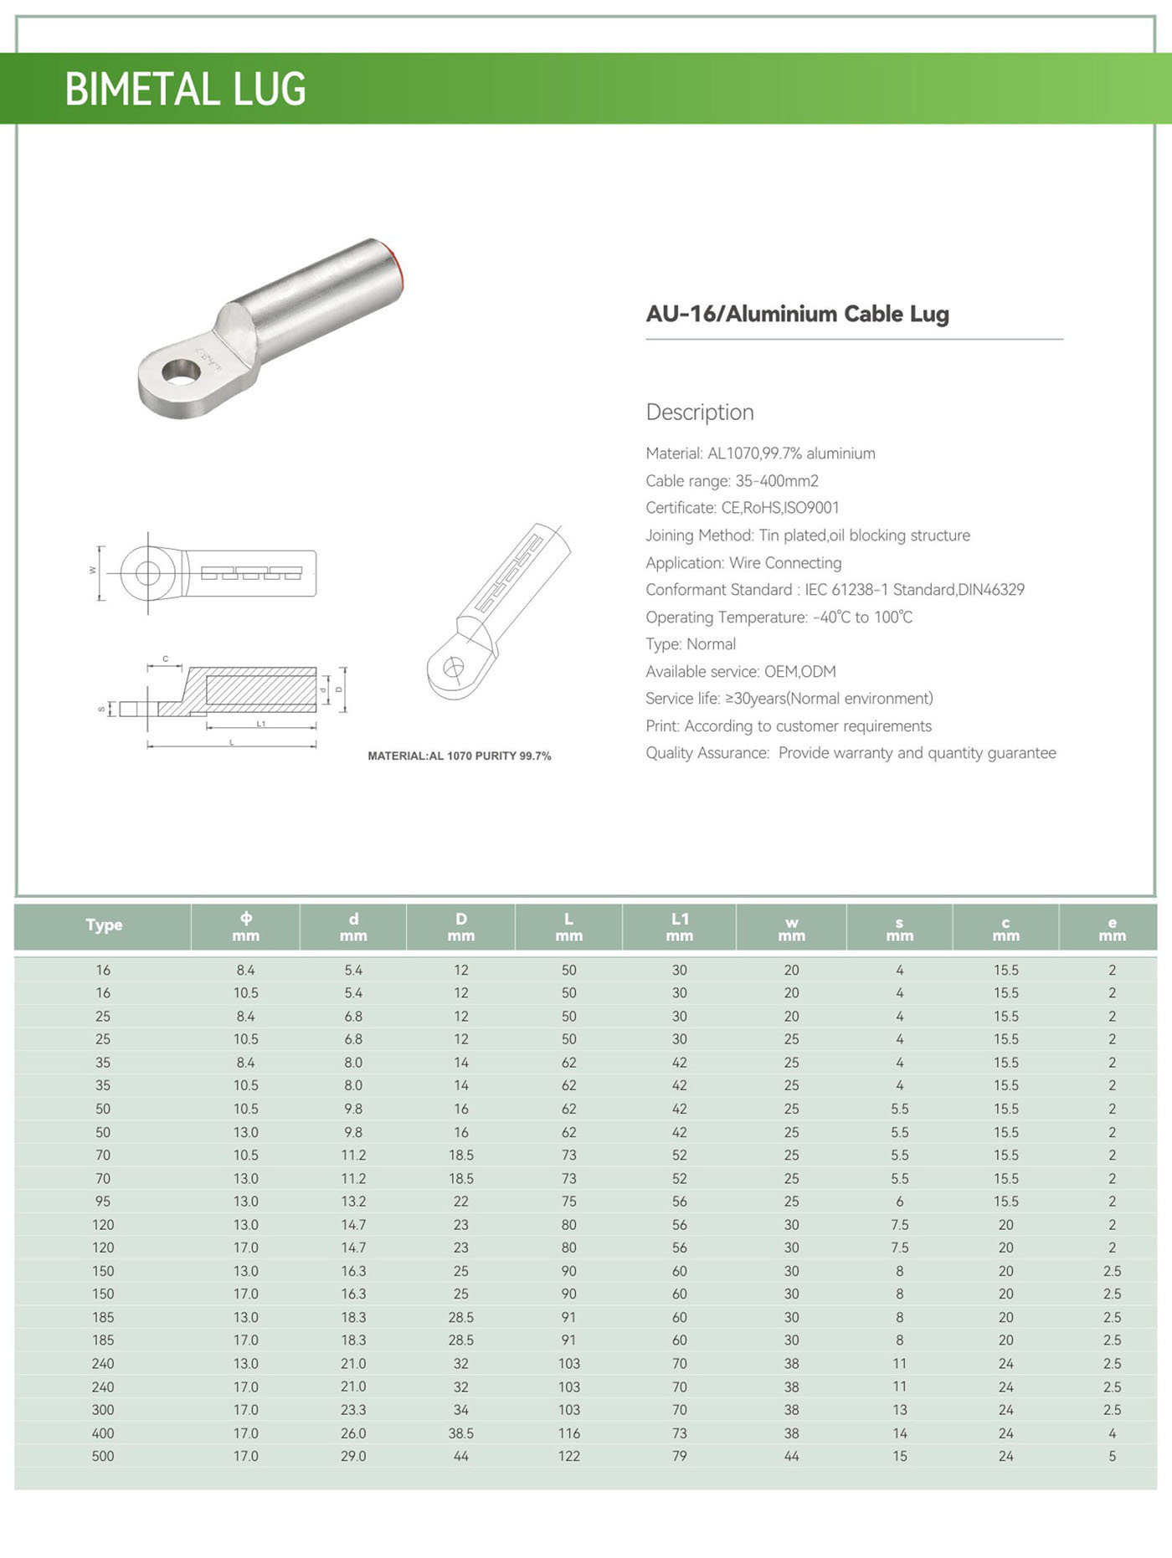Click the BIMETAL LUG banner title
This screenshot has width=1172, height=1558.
pyautogui.click(x=185, y=90)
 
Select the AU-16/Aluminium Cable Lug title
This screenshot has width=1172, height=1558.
pyautogui.click(x=797, y=314)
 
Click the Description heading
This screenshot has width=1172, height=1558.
pyautogui.click(x=700, y=413)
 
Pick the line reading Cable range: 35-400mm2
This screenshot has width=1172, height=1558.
pyautogui.click(x=732, y=481)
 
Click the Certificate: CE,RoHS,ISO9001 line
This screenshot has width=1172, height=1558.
pyautogui.click(x=742, y=508)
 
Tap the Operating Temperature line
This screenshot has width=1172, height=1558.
pyautogui.click(x=779, y=618)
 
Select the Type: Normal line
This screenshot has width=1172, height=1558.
pyautogui.click(x=691, y=644)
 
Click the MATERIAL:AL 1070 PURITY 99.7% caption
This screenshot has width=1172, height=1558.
pyautogui.click(x=459, y=756)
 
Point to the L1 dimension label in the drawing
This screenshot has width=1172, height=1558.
pyautogui.click(x=261, y=724)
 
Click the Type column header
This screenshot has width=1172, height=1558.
pyautogui.click(x=104, y=925)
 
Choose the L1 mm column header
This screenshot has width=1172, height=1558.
pyautogui.click(x=679, y=927)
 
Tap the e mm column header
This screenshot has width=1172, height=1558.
pyautogui.click(x=1112, y=929)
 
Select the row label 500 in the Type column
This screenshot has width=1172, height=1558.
pyautogui.click(x=103, y=1457)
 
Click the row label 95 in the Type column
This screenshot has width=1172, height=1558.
pyautogui.click(x=103, y=1202)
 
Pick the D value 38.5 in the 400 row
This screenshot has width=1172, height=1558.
pyautogui.click(x=460, y=1433)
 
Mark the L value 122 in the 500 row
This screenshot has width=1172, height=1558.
pyautogui.click(x=568, y=1457)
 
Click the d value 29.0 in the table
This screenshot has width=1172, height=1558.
pyautogui.click(x=353, y=1457)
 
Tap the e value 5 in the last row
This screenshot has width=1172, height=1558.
pyautogui.click(x=1112, y=1457)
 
